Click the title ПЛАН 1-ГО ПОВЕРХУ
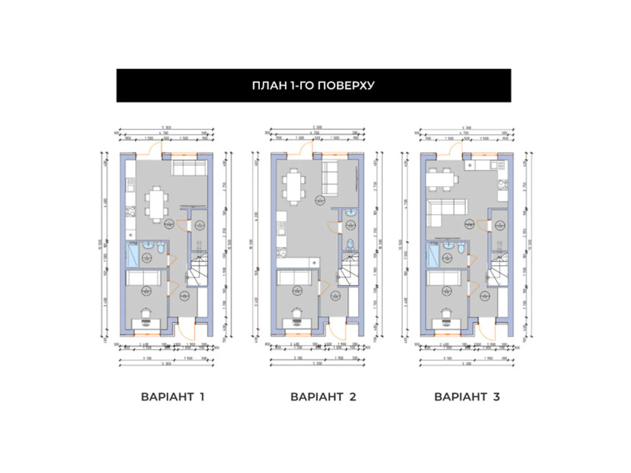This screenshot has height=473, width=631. (313, 86)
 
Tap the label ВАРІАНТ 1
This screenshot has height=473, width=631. (172, 397)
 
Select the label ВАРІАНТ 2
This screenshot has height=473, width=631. (323, 397)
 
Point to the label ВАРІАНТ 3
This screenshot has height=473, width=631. (467, 397)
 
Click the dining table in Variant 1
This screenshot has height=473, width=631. (157, 204)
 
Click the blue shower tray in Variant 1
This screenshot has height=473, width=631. (132, 255)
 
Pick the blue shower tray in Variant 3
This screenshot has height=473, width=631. (433, 255)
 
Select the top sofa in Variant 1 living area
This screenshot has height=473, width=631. (189, 168)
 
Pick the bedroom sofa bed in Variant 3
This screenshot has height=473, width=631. (444, 278)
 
